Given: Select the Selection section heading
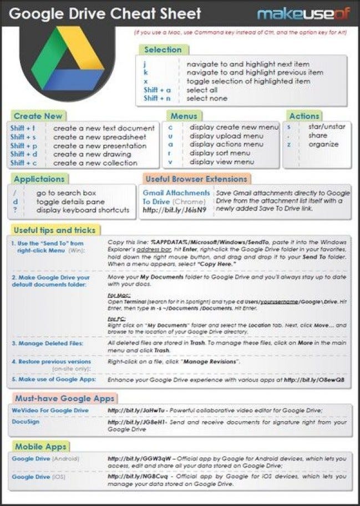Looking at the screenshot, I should (163, 49).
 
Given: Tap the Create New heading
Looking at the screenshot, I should (38, 116).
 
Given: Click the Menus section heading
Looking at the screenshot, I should (184, 116).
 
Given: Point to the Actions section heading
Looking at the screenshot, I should (304, 116).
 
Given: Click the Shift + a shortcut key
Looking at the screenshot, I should (157, 89).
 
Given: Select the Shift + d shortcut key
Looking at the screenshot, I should (23, 154).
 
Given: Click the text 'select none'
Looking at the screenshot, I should (207, 98).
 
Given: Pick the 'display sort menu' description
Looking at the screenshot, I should (220, 154).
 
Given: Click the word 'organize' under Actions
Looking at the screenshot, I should (323, 144).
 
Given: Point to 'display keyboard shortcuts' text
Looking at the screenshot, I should (83, 210).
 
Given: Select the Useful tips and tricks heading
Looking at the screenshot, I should (54, 230).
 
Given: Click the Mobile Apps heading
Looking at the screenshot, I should (40, 447).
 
